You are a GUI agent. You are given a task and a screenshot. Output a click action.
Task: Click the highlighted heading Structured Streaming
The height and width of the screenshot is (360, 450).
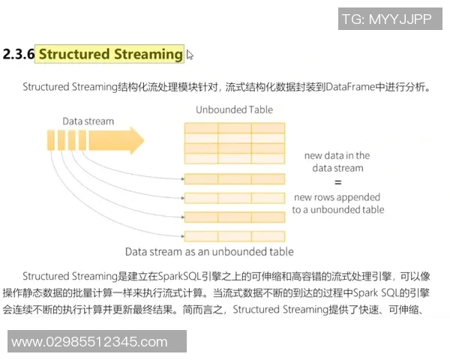pos(110,54)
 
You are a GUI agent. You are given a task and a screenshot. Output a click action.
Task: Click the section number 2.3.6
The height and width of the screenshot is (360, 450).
pos(19,55)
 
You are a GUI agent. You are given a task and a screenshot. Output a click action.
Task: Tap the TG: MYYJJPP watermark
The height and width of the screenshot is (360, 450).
pos(386,19)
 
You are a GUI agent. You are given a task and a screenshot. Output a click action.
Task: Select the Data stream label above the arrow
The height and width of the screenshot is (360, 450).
pos(88,121)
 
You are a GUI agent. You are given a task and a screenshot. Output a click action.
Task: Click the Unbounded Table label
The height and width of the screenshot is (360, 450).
pos(234,109)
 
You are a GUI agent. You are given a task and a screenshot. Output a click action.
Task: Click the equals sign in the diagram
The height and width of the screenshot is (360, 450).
pos(337,182)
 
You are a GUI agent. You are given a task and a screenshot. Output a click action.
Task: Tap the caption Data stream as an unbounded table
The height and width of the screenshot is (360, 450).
pos(209,251)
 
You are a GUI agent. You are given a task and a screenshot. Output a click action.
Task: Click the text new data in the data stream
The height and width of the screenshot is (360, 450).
pos(337,162)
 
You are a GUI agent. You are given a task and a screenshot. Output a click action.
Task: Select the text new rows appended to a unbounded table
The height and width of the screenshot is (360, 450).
pos(337,203)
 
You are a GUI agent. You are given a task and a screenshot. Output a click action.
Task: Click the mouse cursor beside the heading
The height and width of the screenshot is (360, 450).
pos(190,54)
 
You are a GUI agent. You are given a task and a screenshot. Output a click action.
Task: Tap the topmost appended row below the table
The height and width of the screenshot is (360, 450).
pos(234,178)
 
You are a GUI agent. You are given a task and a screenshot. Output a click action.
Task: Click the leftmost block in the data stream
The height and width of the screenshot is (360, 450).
pos(51,141)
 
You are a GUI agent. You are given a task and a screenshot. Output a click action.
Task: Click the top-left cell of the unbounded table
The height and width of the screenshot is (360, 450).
pos(201,127)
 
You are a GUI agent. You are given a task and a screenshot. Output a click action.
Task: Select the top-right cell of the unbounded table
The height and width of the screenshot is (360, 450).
pos(268,127)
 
